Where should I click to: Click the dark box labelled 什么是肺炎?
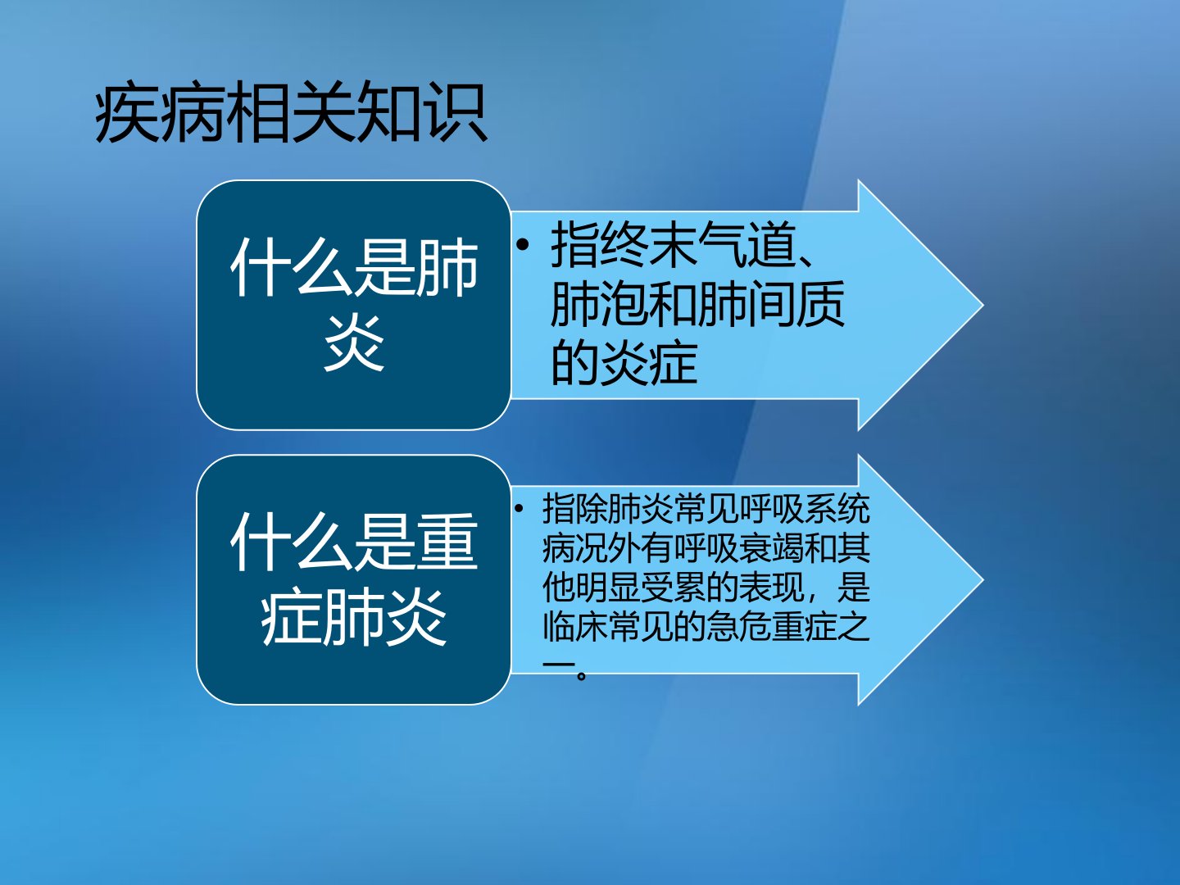click(x=354, y=305)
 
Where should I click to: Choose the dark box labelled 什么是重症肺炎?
click(x=354, y=579)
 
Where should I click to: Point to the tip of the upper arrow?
click(x=983, y=305)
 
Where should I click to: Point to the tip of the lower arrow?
click(x=983, y=580)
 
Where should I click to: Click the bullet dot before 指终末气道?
click(x=522, y=246)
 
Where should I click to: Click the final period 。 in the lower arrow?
click(x=581, y=675)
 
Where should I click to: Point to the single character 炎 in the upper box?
click(x=354, y=343)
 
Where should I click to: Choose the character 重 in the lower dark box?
click(x=447, y=542)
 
